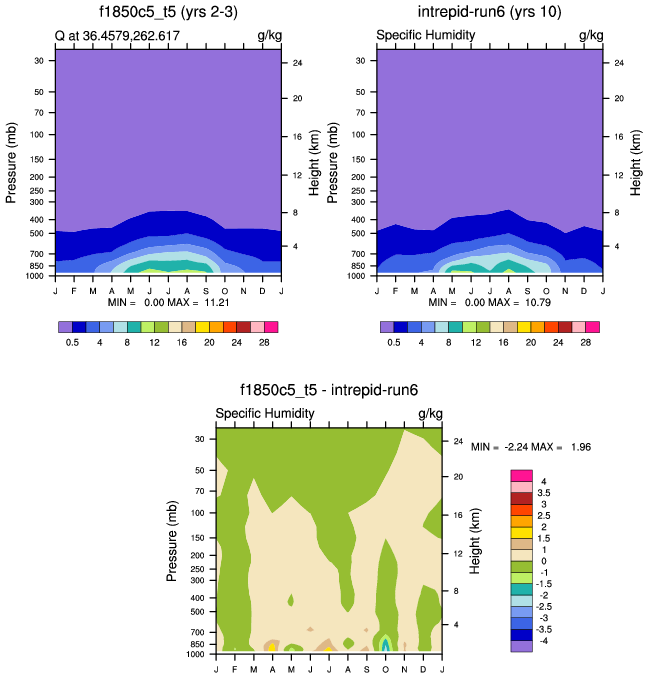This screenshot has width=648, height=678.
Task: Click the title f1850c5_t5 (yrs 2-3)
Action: point(167,13)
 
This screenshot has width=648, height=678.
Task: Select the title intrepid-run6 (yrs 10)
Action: point(490,13)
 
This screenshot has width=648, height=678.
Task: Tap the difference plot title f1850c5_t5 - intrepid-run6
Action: point(329,392)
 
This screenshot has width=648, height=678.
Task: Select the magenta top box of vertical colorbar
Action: point(521,475)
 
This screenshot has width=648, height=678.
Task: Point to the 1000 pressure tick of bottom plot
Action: point(196,655)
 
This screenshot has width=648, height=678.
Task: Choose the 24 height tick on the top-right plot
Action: point(619,63)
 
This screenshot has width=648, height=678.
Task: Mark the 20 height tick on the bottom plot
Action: point(457,476)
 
